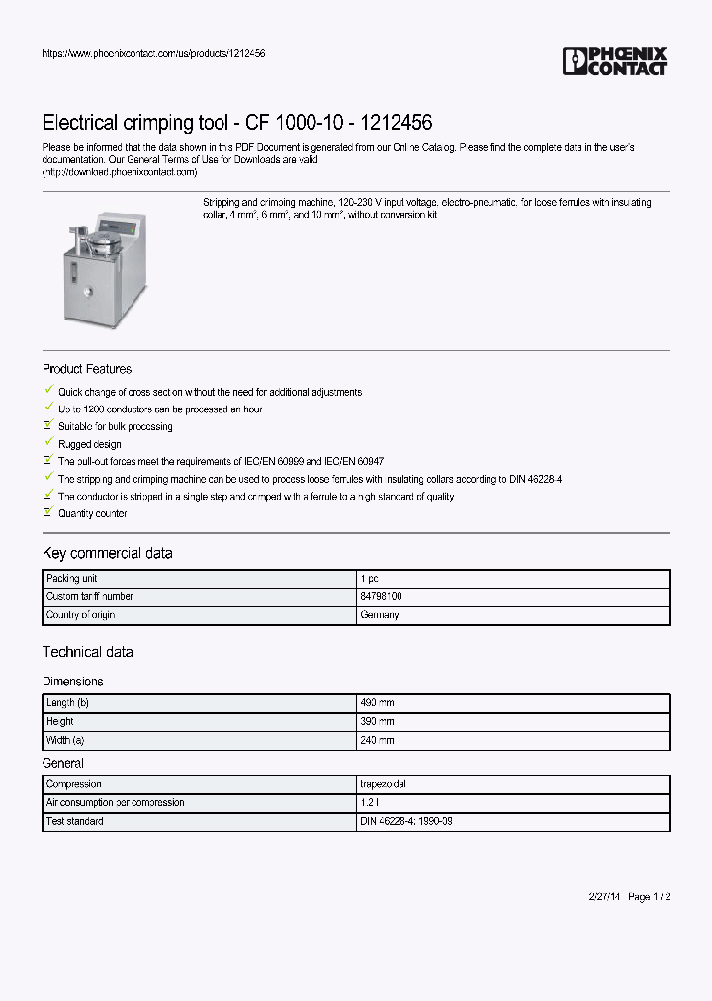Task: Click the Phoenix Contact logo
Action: (x=614, y=61)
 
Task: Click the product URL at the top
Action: (x=153, y=53)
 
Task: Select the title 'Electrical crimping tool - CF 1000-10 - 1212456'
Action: (x=236, y=123)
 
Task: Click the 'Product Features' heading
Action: (x=87, y=369)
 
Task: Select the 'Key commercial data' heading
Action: (x=107, y=553)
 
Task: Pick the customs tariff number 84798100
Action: (x=381, y=597)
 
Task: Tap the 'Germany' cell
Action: (x=380, y=615)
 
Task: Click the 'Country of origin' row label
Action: (x=81, y=615)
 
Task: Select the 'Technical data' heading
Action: (x=87, y=652)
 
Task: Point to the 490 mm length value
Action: (x=377, y=703)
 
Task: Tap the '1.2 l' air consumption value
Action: (x=369, y=803)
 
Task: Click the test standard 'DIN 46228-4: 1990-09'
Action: (x=406, y=822)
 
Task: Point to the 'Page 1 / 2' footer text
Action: (x=650, y=897)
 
